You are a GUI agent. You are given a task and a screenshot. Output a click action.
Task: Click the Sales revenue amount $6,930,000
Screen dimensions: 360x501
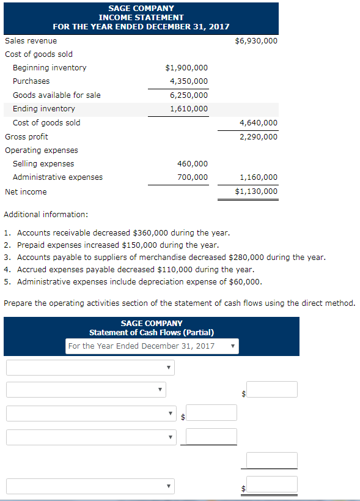click(x=256, y=40)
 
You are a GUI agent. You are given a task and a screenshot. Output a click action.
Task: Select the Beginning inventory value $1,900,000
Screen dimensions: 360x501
click(x=186, y=67)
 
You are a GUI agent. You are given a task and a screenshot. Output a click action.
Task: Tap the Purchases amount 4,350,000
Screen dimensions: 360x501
click(x=189, y=81)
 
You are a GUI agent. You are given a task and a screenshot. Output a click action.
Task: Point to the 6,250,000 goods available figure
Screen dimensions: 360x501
click(x=189, y=95)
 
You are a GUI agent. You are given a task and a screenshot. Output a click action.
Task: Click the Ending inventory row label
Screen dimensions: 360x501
click(x=44, y=108)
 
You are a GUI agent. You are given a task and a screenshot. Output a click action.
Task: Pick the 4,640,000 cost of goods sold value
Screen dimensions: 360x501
click(x=259, y=122)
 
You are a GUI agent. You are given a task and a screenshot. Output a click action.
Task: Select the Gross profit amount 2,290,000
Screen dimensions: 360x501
click(x=259, y=136)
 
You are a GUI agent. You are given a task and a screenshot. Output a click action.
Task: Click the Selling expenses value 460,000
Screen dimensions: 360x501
click(x=193, y=163)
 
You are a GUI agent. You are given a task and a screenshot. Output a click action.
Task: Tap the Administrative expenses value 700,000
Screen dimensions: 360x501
click(x=193, y=177)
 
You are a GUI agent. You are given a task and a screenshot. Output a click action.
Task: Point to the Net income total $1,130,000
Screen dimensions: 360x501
click(x=256, y=191)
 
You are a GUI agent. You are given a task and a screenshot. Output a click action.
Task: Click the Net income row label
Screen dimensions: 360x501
click(x=26, y=191)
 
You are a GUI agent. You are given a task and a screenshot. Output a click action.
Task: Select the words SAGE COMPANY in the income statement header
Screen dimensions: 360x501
click(x=141, y=8)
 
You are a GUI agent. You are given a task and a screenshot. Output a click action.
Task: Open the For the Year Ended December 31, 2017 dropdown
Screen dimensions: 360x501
click(x=151, y=346)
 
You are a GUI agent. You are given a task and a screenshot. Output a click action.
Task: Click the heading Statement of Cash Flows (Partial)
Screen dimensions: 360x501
click(x=152, y=332)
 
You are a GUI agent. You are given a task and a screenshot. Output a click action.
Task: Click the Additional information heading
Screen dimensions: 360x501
click(x=46, y=214)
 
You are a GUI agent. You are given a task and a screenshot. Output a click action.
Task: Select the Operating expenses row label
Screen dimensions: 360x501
click(x=42, y=150)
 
